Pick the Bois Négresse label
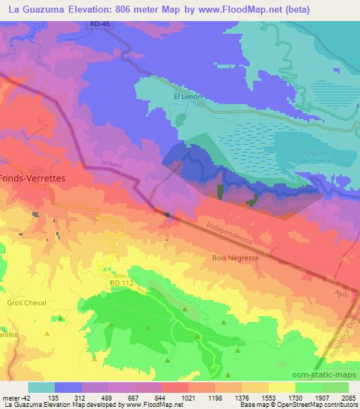tap(235, 258)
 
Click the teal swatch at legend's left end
tap(41, 387)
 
